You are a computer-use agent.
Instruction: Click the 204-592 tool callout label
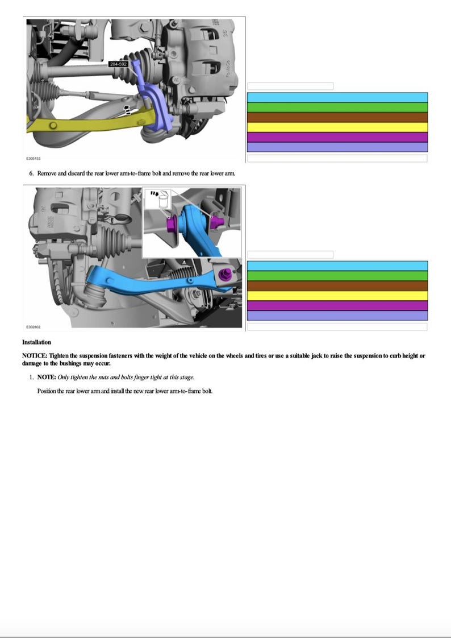(x=118, y=64)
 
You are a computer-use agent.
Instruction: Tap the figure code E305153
(x=34, y=159)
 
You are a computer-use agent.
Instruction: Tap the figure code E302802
(x=34, y=327)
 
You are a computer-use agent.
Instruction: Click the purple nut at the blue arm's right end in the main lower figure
(x=225, y=275)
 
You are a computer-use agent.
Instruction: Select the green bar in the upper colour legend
(x=337, y=107)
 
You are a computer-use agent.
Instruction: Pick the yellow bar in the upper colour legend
(x=337, y=127)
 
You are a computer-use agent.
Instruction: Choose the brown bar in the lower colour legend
(x=337, y=286)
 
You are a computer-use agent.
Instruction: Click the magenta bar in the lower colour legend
(x=337, y=306)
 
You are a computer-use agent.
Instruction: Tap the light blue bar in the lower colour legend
(x=337, y=266)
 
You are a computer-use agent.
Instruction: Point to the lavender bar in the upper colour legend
(x=337, y=147)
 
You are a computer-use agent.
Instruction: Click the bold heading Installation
(x=36, y=342)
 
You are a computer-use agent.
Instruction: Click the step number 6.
(x=31, y=173)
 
